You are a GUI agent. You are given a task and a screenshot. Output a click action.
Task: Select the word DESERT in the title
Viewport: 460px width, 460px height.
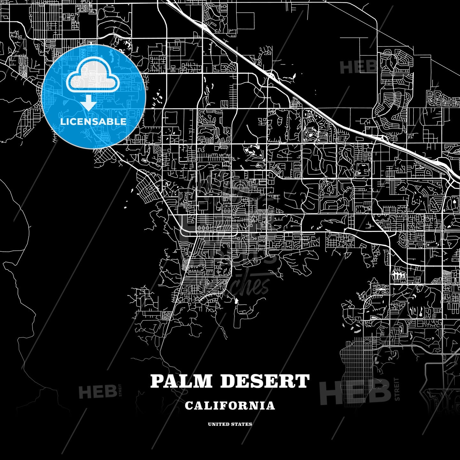pyautogui.click(x=265, y=381)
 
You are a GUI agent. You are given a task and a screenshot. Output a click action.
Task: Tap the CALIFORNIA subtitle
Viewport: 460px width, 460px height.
pyautogui.click(x=230, y=406)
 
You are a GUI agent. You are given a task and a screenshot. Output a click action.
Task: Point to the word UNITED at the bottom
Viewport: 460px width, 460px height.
pyautogui.click(x=218, y=424)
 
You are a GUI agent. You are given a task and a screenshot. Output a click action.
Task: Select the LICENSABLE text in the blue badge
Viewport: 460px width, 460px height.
pyautogui.click(x=93, y=121)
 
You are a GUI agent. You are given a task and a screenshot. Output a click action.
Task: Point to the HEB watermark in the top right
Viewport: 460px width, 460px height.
pyautogui.click(x=358, y=67)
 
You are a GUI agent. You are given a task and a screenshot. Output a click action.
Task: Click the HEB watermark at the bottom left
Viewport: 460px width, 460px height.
pyautogui.click(x=97, y=392)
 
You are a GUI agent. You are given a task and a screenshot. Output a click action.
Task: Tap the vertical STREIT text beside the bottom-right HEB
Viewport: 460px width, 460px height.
pyautogui.click(x=397, y=389)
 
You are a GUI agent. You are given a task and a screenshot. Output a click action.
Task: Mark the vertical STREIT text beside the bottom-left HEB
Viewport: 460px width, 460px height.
pyautogui.click(x=120, y=390)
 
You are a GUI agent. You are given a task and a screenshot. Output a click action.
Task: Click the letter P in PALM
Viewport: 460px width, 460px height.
pyautogui.click(x=156, y=381)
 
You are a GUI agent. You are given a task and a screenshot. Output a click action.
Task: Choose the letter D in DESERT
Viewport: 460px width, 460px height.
pyautogui.click(x=228, y=381)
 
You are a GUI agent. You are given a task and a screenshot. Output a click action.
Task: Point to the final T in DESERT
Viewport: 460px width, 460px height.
pyautogui.click(x=303, y=381)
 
